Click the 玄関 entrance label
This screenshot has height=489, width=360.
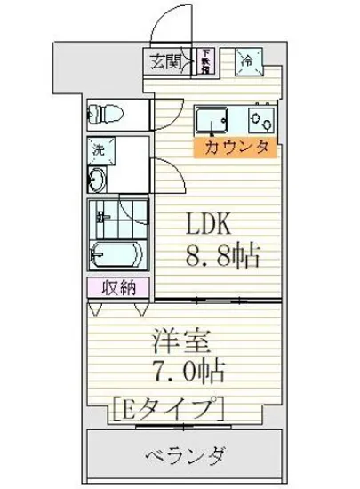coord(163,62)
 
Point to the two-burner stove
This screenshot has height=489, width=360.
coord(260,117)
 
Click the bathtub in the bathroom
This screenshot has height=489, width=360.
coord(114,253)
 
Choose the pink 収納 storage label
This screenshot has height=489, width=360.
coord(112,288)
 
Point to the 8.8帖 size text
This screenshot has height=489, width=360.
coord(222,258)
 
